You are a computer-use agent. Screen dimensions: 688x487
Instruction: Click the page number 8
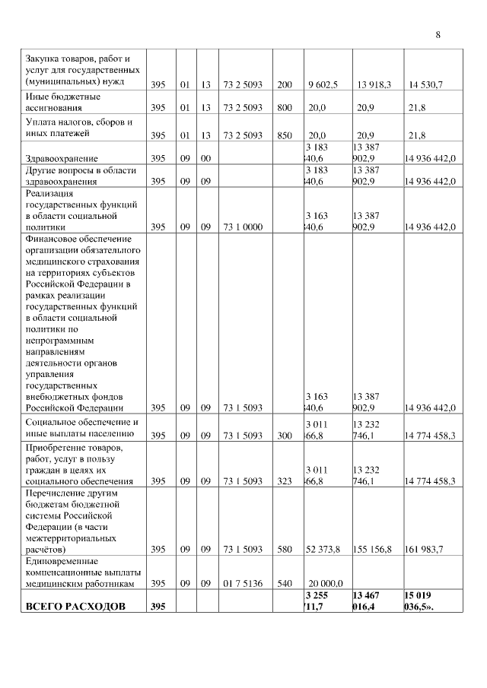coord(438,35)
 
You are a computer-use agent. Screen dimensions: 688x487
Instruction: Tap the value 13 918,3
coord(374,84)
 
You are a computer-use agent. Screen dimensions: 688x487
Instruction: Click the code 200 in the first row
coord(285,84)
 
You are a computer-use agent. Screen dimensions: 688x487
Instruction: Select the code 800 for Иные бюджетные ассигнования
coord(285,109)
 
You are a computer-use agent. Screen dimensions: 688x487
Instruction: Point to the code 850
coord(285,135)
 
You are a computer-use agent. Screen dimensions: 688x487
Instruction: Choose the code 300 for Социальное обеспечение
coord(285,436)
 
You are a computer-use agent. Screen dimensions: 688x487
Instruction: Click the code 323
coord(285,481)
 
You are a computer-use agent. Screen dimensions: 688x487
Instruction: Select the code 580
coord(285,548)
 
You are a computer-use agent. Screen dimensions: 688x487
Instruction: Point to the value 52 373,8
coord(323,548)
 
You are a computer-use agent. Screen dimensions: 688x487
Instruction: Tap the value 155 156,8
coord(374,548)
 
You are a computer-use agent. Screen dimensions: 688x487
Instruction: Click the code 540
coord(285,583)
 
